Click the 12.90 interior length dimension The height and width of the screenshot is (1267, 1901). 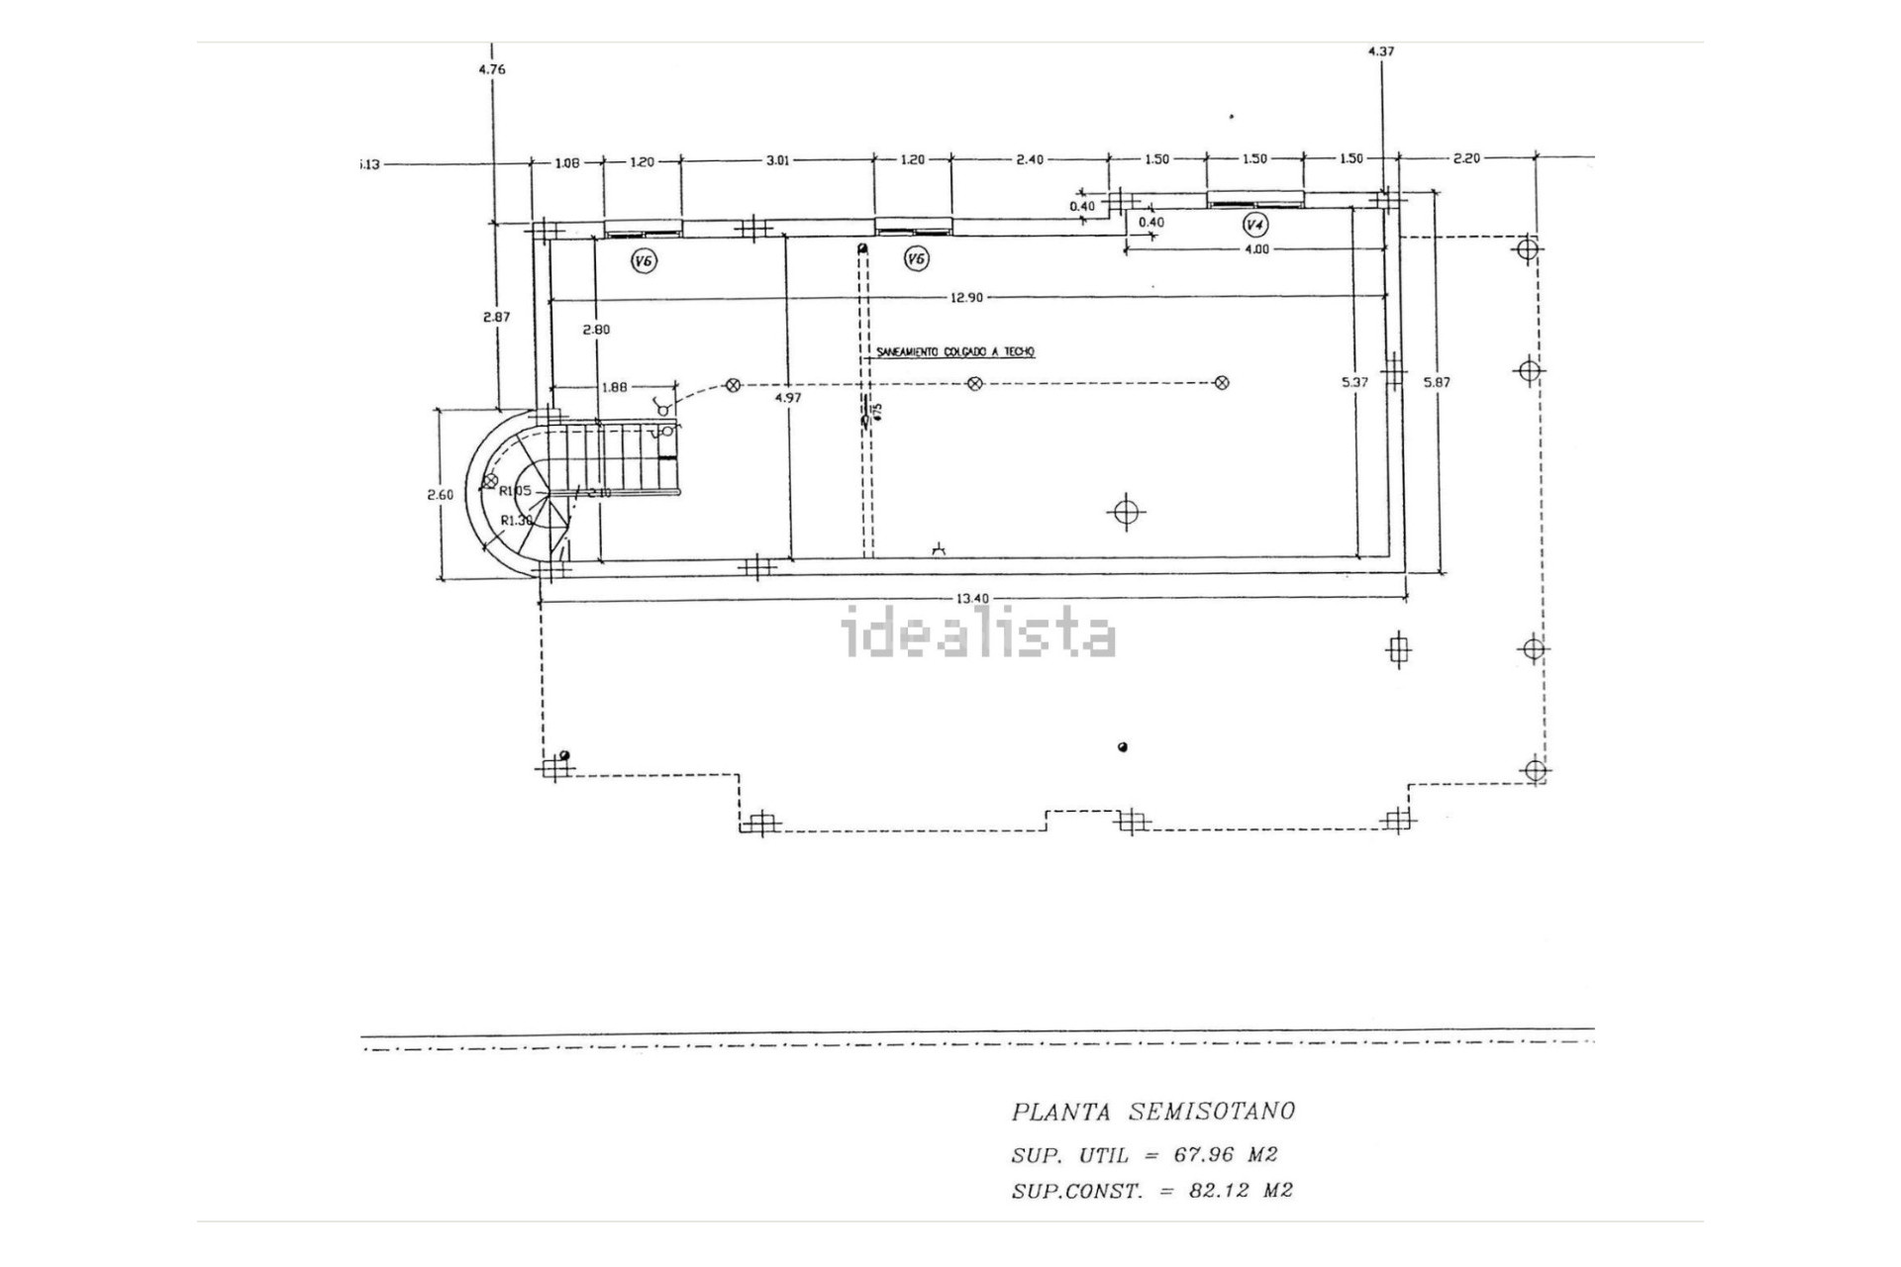(965, 298)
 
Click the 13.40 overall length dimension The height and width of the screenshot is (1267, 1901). (972, 598)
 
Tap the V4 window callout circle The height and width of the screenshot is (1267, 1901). (1254, 225)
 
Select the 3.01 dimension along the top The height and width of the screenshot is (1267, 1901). (778, 160)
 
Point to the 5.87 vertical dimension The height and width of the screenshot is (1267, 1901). (1436, 382)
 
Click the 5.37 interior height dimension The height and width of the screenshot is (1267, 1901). (1353, 382)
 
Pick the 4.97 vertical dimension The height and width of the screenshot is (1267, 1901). (788, 398)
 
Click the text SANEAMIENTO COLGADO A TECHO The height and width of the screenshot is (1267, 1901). (955, 352)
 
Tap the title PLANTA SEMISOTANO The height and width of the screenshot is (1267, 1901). (1152, 1112)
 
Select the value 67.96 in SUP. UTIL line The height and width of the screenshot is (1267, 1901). (1203, 1154)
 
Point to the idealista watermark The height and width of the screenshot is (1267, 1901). (978, 636)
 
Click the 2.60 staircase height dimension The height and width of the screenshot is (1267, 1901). (441, 495)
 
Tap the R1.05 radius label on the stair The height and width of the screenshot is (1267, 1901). (515, 491)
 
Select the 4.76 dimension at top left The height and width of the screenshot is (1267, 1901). (491, 69)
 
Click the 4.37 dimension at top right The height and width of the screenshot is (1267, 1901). (1380, 51)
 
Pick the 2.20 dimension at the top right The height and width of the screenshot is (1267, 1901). (1465, 158)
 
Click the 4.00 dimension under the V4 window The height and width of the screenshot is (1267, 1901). (1255, 249)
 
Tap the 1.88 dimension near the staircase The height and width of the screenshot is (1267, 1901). (615, 387)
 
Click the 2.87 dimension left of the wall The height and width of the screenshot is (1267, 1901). (496, 317)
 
